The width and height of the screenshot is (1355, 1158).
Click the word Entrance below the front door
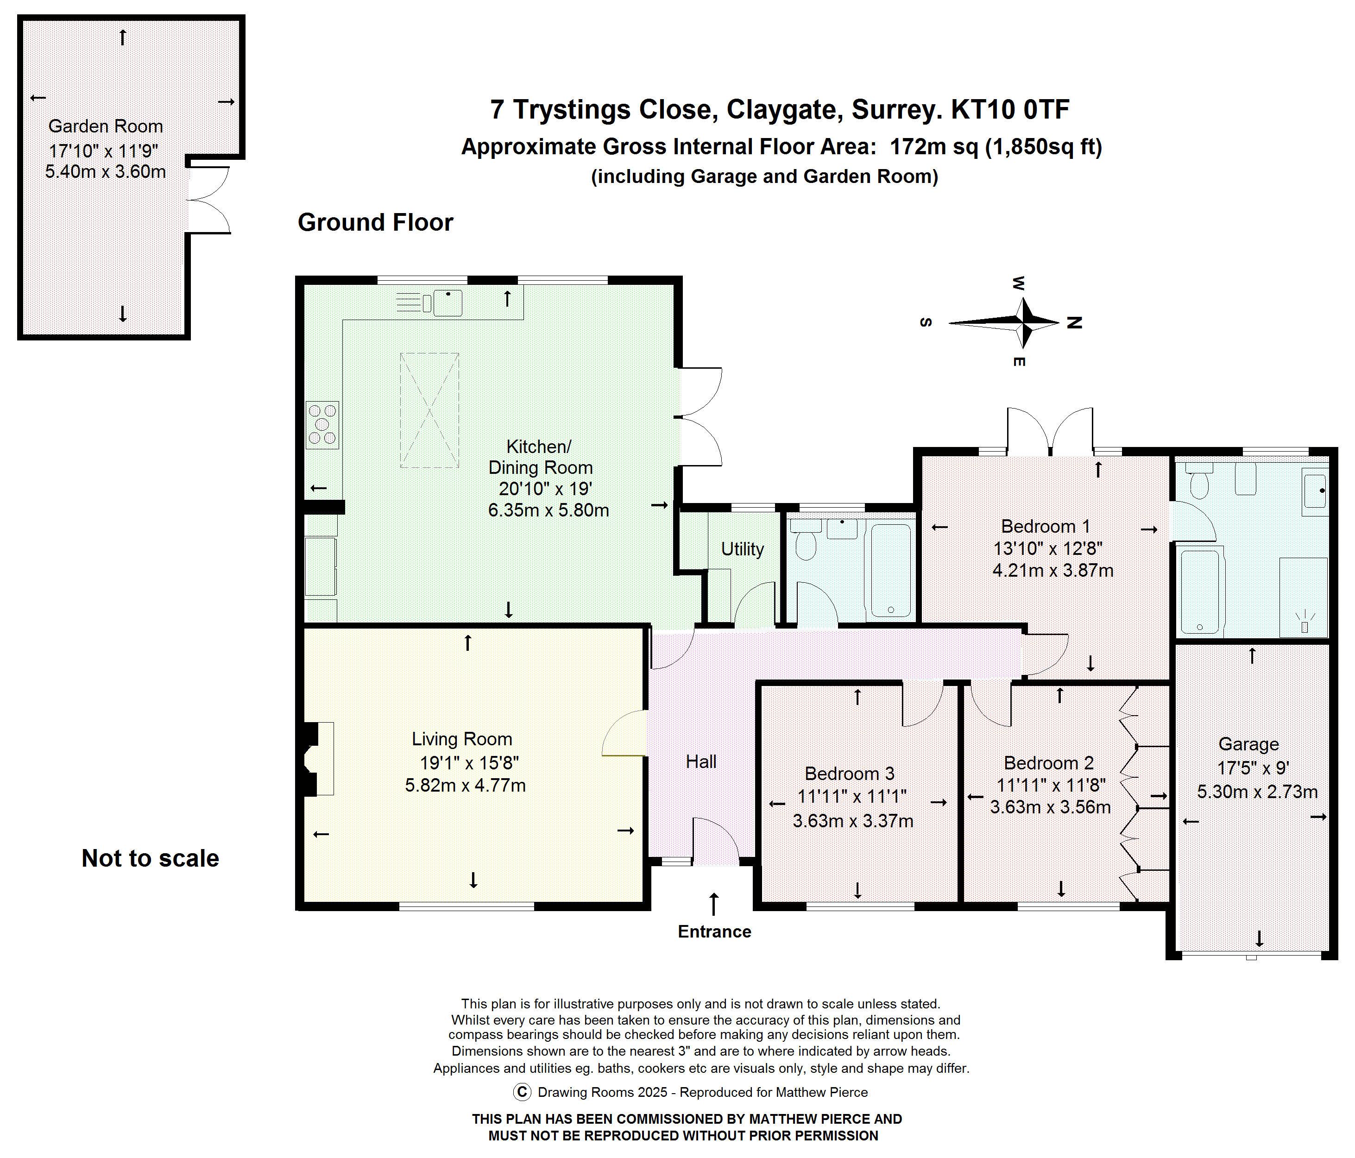tap(714, 932)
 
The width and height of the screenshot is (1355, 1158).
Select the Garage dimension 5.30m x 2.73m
tap(1257, 792)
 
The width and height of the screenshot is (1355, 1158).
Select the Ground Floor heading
tap(375, 222)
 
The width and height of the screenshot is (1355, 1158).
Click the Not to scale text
tap(151, 858)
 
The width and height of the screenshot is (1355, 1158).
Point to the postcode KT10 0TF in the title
tap(1010, 109)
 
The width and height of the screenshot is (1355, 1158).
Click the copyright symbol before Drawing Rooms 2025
tap(522, 1092)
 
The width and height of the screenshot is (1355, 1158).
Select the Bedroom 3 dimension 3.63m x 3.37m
tap(853, 821)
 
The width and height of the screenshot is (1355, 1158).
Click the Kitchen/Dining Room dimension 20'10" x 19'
tap(545, 488)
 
